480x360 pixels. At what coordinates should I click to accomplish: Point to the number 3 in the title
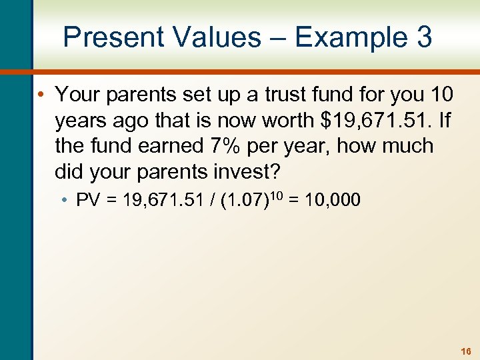coord(424,37)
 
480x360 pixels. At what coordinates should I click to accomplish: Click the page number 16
coord(465,350)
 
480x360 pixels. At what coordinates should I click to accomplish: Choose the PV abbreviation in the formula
coord(88,200)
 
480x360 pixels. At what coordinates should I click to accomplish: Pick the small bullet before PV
coord(69,201)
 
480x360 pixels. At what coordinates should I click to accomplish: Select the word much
coord(406,146)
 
